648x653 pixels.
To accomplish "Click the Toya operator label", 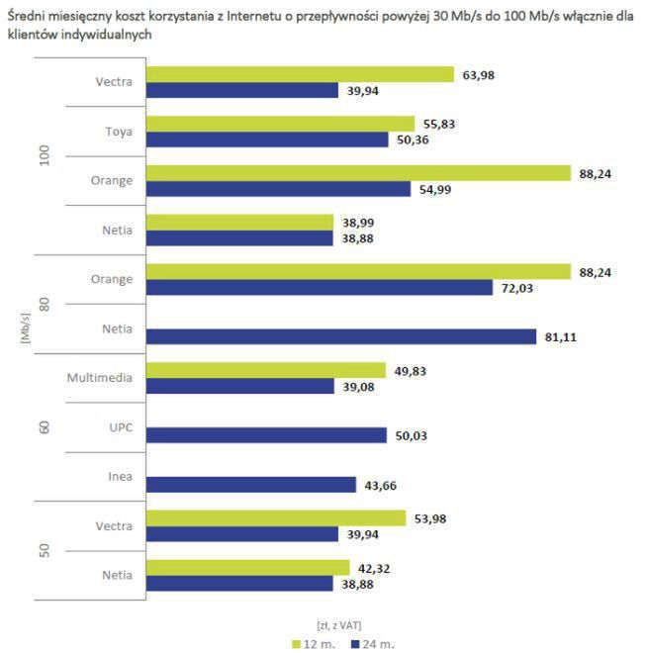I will click(119, 132).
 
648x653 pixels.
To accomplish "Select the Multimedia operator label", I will click(100, 378).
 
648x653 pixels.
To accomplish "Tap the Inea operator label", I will click(120, 477).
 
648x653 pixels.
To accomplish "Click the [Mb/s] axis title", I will click(23, 328).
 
